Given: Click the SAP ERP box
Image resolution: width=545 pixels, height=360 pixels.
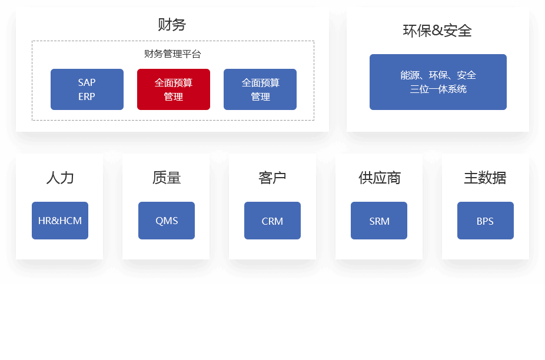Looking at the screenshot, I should pos(87,89).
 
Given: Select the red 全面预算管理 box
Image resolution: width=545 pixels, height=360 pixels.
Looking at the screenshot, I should pos(174,89).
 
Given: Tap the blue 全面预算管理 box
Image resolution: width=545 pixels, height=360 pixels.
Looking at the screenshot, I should pos(260,89).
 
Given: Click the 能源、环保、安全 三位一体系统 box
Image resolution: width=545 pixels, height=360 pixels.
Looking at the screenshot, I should pos(438,82).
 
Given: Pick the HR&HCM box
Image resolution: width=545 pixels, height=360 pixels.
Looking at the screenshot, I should pos(60,221).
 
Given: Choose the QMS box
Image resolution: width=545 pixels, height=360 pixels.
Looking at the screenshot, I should pos(167,221).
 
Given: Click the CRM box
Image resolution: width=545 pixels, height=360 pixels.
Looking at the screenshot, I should pos(272,221).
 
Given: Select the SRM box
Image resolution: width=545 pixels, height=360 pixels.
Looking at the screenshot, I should pos(379,221).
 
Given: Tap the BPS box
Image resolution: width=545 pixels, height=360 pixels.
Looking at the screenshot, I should pos(486,221).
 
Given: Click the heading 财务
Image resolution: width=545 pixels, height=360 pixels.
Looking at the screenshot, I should pos(172,25).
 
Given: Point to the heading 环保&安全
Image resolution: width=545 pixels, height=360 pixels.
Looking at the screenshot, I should pos(437,31).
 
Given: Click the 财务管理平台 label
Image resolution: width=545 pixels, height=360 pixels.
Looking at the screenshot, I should pos(172,54).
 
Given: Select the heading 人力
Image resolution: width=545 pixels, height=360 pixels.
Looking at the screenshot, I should pos(60,178).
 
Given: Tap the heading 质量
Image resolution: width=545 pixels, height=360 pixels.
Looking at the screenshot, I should pos(167,178).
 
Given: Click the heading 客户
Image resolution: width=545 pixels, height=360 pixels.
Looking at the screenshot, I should pos(272,178).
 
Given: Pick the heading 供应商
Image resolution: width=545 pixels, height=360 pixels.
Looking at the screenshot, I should pos(379,178).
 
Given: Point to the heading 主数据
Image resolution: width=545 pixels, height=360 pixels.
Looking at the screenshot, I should pos(485,178).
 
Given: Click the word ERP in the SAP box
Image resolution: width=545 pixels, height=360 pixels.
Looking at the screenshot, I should pos(87,96).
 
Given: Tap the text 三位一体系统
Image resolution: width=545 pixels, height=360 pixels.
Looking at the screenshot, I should pos(438,89).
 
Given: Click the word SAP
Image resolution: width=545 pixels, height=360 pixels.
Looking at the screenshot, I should pos(87,82).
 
